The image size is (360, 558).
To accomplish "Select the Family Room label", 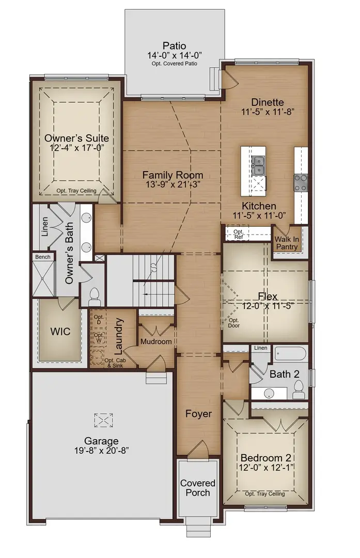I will point(173,175).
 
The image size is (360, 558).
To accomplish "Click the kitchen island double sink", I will point(258,166).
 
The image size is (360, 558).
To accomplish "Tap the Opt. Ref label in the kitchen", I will point(238,235).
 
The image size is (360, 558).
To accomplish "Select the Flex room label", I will point(268,297).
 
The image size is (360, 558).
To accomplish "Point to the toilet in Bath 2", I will point(298,394).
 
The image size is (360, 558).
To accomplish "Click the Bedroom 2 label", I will point(266,458).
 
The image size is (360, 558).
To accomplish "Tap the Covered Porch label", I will point(197,488).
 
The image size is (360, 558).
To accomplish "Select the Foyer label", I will point(199,414).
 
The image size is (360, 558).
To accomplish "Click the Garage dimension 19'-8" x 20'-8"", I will point(102,451).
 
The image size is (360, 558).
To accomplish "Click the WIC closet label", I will point(60,331).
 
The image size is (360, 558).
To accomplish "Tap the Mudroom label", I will point(155,342).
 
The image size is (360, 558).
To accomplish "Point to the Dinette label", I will point(268,102).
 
